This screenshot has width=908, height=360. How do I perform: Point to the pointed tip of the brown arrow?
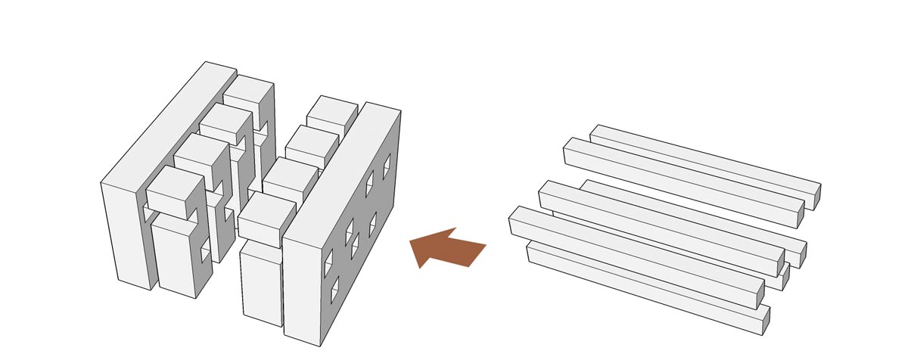(411, 242)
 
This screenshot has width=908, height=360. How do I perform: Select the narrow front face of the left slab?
(129, 234)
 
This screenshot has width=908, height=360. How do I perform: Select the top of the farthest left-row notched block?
(247, 90)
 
